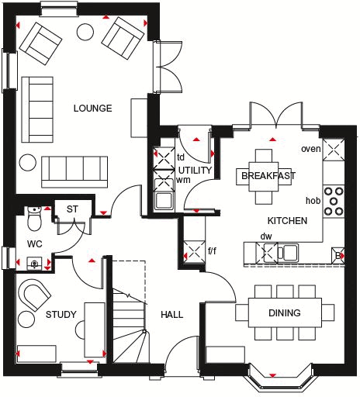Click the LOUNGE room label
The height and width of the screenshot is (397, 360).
coord(93,108)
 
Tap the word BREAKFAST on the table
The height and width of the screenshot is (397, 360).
coord(268,176)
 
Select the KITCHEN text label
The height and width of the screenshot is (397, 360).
coord(288,221)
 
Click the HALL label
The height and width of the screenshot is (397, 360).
coord(171,315)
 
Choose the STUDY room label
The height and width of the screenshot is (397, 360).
coord(61,315)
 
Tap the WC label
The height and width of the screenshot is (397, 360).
coord(33,243)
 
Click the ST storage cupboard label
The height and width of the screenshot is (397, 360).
coord(72,209)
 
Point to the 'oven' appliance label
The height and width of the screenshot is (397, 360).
coord(310,149)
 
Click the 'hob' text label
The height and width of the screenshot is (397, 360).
coord(313,200)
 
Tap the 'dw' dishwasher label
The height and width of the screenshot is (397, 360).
coord(266,236)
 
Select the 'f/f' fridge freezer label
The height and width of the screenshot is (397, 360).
coord(213,251)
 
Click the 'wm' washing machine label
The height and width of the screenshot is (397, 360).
coord(184,180)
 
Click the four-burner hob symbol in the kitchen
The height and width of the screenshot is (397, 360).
coord(335,200)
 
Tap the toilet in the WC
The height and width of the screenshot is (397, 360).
coord(33,219)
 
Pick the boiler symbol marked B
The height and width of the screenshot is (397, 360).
coord(338,254)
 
